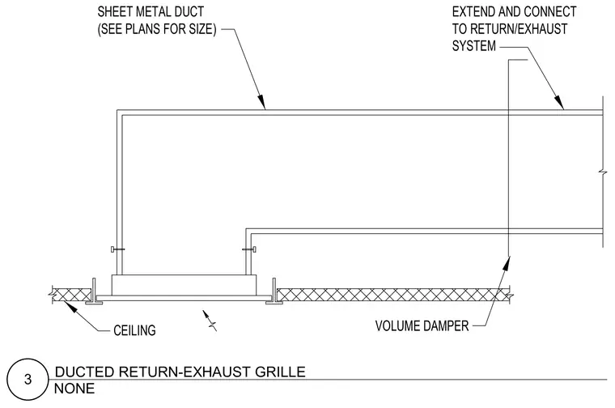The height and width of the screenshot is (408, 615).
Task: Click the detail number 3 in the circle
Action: (x=28, y=380)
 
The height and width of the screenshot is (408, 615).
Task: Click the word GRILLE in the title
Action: (x=281, y=372)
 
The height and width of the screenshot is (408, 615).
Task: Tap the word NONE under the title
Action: (x=74, y=389)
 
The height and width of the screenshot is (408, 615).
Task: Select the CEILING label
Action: (x=134, y=330)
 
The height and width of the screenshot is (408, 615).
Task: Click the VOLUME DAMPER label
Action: (x=422, y=325)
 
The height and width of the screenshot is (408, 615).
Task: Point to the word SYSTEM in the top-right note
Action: (x=474, y=46)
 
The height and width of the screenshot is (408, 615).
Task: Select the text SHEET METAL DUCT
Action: (x=151, y=12)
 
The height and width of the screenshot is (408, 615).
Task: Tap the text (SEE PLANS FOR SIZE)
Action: (x=157, y=29)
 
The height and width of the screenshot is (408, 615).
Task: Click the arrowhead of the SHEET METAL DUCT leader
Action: (x=262, y=102)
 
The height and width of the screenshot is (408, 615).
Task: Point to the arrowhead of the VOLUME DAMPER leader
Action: (x=507, y=263)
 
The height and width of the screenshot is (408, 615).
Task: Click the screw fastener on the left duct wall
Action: (x=117, y=249)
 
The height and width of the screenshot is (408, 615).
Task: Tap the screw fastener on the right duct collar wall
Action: (x=249, y=249)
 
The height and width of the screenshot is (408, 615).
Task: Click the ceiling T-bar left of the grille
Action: (x=94, y=292)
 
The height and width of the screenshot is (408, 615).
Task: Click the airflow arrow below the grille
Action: (x=210, y=321)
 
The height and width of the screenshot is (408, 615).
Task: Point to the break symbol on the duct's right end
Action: (x=602, y=172)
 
